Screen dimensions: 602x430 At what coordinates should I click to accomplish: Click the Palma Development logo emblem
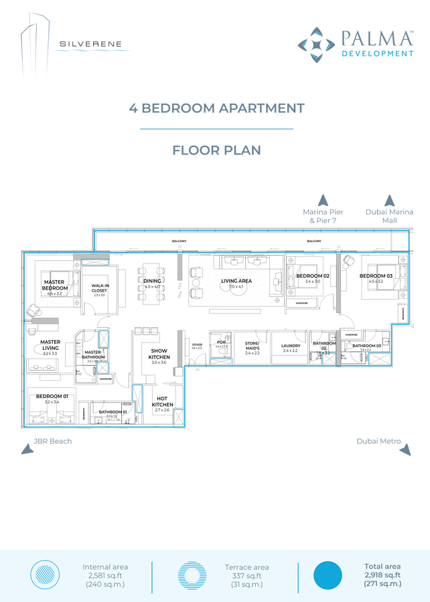pos(317,45)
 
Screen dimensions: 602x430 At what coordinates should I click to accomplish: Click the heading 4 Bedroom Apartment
pos(216,108)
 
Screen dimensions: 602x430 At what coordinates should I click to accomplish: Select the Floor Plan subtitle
pos(216,150)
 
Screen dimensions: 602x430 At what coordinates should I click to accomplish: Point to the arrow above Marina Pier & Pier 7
pos(323,200)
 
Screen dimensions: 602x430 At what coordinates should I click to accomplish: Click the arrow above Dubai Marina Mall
pos(389,200)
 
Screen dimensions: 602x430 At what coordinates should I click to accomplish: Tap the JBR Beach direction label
pos(52,441)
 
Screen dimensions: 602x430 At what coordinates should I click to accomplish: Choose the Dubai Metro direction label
pos(379,441)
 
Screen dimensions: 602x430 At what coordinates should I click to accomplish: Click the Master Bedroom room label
pos(54,286)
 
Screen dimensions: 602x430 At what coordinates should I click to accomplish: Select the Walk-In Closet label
pos(100,288)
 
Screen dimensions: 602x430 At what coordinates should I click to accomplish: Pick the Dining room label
pos(152,282)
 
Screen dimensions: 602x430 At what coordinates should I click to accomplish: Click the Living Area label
pos(236,282)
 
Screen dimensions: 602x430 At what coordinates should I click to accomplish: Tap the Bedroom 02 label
pos(313,276)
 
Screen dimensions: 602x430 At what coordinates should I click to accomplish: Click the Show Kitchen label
pos(159,354)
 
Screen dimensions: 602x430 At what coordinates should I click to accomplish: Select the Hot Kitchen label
pos(162,401)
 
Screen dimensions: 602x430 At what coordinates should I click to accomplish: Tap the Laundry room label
pos(290,346)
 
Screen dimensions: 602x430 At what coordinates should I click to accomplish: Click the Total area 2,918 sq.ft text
pos(382,575)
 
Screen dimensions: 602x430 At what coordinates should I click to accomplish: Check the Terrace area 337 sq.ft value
pos(246,575)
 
